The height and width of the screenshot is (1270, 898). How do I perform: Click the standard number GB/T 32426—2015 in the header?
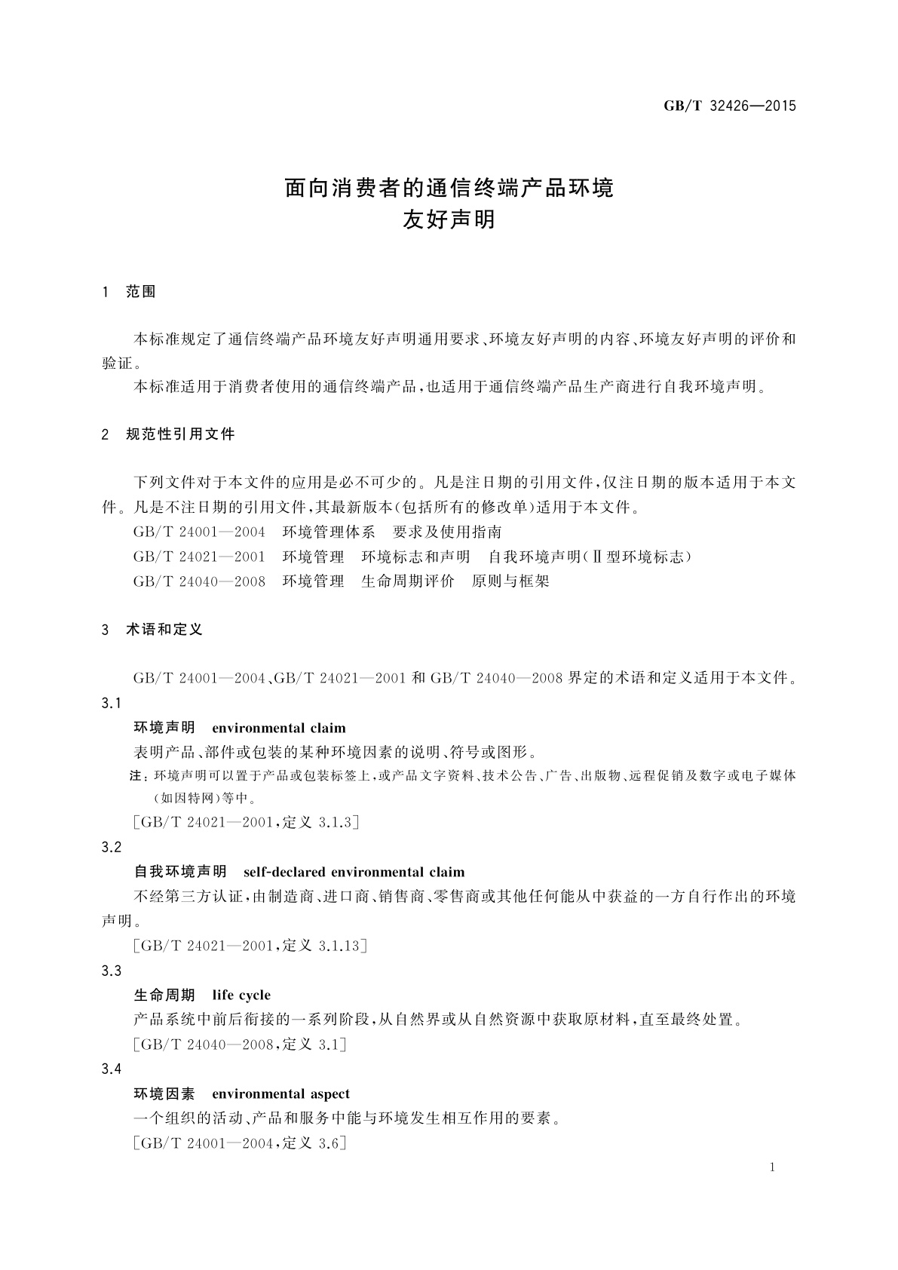(729, 106)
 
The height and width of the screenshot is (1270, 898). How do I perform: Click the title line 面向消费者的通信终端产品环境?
(449, 187)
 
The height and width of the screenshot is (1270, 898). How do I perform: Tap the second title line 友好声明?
(449, 220)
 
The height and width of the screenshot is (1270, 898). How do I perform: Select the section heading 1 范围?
(129, 292)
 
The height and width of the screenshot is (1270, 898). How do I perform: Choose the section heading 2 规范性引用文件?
(168, 434)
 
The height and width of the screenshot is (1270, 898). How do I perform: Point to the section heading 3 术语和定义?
(152, 629)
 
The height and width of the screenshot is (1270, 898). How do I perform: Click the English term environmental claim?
(279, 728)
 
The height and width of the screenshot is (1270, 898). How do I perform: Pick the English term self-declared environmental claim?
(354, 872)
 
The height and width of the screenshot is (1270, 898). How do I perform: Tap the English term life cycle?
(241, 995)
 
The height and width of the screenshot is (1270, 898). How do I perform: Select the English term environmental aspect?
(280, 1094)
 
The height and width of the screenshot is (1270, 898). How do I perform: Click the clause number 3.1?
(112, 703)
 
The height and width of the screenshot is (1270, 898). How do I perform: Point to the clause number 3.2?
(112, 847)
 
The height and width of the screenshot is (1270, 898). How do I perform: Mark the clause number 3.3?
(112, 971)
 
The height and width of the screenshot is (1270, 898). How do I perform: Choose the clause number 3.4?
(112, 1069)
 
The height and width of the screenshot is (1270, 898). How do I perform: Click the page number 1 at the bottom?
(773, 1167)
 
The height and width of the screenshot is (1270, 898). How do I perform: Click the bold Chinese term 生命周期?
(164, 995)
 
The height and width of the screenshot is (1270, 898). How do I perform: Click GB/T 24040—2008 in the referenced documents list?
(199, 581)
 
